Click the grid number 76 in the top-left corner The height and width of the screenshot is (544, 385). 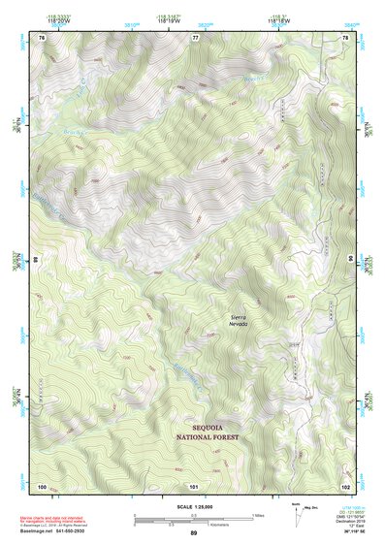point(42,37)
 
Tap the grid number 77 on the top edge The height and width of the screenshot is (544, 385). point(194,37)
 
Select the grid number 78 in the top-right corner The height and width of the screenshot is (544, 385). point(345,37)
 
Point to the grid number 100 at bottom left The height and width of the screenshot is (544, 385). point(42,485)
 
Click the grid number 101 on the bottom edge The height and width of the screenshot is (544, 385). point(194,485)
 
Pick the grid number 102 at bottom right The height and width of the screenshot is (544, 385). point(345,485)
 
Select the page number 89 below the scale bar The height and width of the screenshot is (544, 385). point(193,533)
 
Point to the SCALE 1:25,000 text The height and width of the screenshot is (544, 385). point(193,507)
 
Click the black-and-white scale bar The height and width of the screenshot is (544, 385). point(193,519)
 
